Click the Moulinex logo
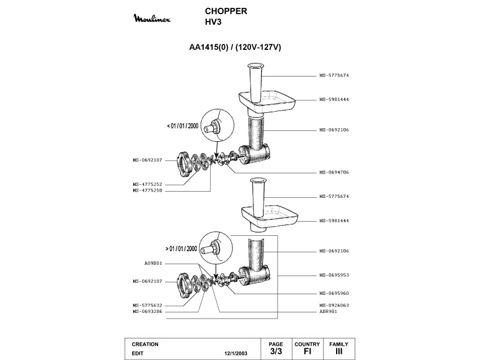click(152, 19)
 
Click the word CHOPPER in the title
click(226, 11)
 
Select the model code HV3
click(213, 22)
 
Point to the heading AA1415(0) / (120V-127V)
click(235, 47)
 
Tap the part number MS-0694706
click(334, 172)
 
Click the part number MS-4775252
click(147, 184)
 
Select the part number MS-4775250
click(147, 190)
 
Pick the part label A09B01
click(153, 263)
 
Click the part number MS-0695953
click(334, 275)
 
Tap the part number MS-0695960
click(334, 293)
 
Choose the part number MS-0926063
click(334, 305)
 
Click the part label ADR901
click(328, 311)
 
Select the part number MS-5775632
click(147, 305)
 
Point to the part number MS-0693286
click(147, 311)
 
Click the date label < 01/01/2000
click(182, 126)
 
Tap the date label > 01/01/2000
click(181, 248)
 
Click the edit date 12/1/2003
click(236, 353)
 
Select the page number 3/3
click(276, 351)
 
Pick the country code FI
click(307, 351)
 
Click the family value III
click(339, 351)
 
